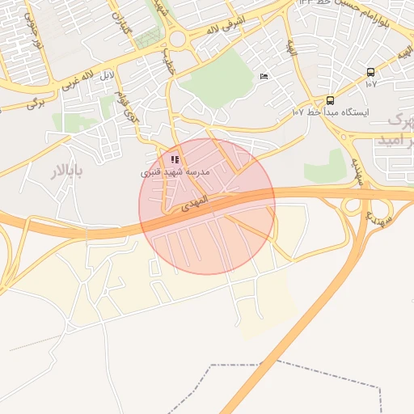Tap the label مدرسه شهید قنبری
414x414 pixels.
pos(175,172)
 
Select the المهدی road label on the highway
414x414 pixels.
pos(194,203)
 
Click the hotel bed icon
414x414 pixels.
pos(264,76)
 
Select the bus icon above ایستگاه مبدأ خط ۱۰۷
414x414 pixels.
pos(330,100)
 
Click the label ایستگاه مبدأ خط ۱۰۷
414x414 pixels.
pos(330,113)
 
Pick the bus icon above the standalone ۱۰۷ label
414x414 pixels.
pos(370,72)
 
